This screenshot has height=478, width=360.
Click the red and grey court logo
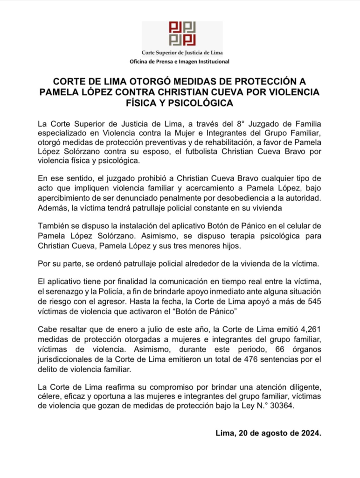(182, 33)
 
